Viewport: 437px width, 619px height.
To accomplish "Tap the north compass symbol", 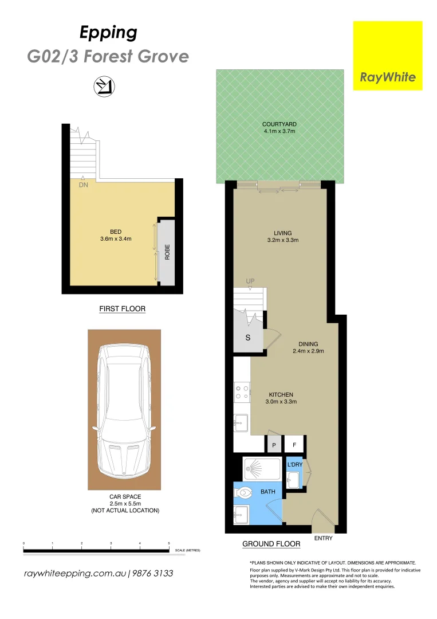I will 104,86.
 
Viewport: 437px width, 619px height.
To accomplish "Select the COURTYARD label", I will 279,124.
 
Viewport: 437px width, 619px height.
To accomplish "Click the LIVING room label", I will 282,233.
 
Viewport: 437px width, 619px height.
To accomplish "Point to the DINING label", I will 308,344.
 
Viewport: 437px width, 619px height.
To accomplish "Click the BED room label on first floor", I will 116,232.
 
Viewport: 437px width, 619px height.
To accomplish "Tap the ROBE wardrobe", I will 167,252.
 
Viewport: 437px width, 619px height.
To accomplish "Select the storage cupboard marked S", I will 248,338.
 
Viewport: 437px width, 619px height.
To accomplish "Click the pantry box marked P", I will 274,445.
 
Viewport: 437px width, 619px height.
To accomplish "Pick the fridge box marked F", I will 295,445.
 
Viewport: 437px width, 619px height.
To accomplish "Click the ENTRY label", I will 324,538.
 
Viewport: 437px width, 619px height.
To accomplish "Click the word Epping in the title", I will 108,33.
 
